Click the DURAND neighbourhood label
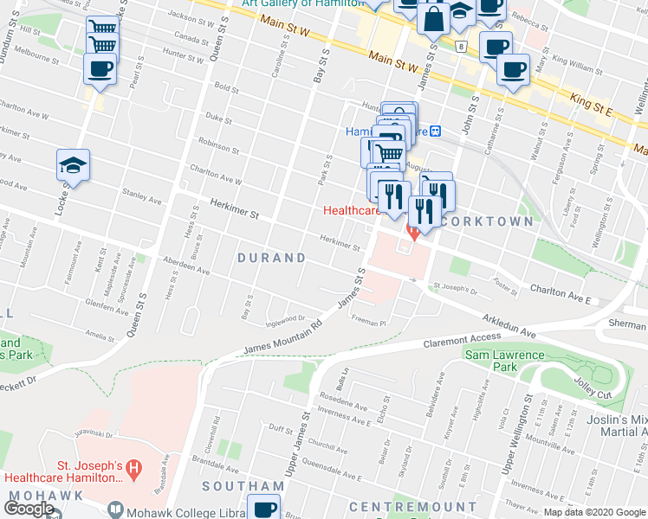[x=272, y=258]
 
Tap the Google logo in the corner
[x=29, y=509]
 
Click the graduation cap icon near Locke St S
[x=74, y=165]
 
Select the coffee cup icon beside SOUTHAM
[x=264, y=509]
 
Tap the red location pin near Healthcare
[x=414, y=233]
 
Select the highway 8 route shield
[x=463, y=46]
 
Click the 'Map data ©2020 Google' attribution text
[x=593, y=512]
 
